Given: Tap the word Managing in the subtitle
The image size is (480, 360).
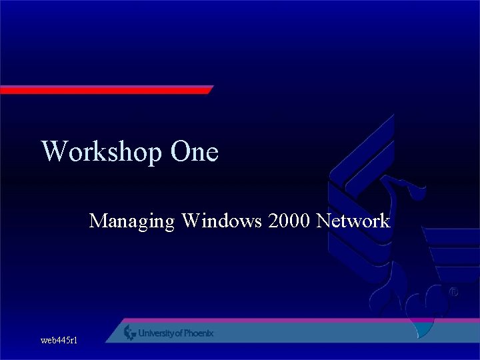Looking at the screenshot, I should pos(132,221).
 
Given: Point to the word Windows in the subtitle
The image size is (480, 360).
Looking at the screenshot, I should pos(221,220).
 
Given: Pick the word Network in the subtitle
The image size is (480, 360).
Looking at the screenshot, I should pos(353,220).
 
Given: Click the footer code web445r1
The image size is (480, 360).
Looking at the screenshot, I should pos(59,341).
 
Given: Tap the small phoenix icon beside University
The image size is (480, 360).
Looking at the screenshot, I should pos(130,333).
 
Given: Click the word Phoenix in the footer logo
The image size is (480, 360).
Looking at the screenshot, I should pos(198,333).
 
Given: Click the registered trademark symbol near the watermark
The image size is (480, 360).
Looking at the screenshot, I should pos(453,292).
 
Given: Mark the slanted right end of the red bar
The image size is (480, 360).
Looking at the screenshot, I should pos(208,89).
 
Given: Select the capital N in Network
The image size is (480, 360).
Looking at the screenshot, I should pos(325,220).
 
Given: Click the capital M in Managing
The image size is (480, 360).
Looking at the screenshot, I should pos(98,220).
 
